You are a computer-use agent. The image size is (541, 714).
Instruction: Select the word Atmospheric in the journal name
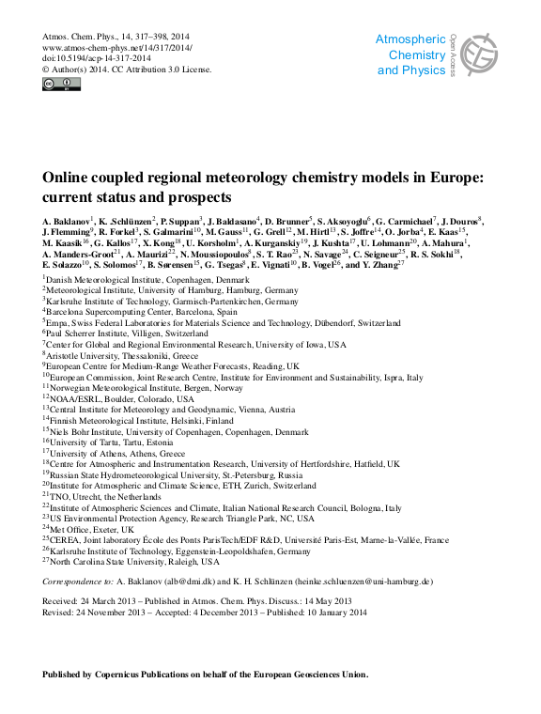410,39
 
